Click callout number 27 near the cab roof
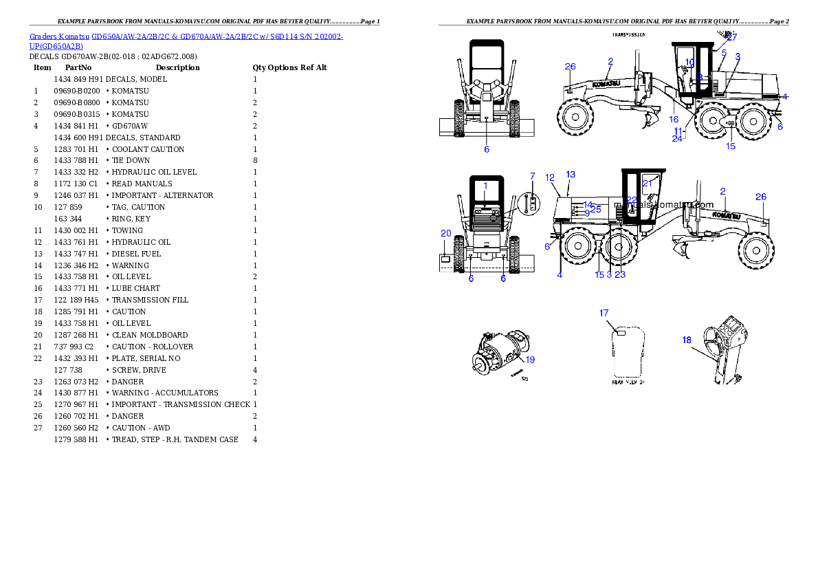click(731, 38)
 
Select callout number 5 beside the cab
click(724, 52)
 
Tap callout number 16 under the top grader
click(674, 120)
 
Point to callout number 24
click(677, 138)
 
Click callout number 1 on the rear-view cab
click(485, 186)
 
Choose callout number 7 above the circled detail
click(532, 177)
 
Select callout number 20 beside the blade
click(446, 234)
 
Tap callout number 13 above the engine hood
click(571, 175)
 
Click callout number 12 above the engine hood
click(550, 178)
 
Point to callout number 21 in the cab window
click(647, 183)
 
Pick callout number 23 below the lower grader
click(620, 274)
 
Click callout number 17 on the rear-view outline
click(604, 313)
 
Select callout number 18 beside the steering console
click(687, 340)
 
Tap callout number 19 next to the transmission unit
click(530, 359)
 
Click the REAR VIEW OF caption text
click(628, 382)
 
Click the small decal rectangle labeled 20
click(446, 259)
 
